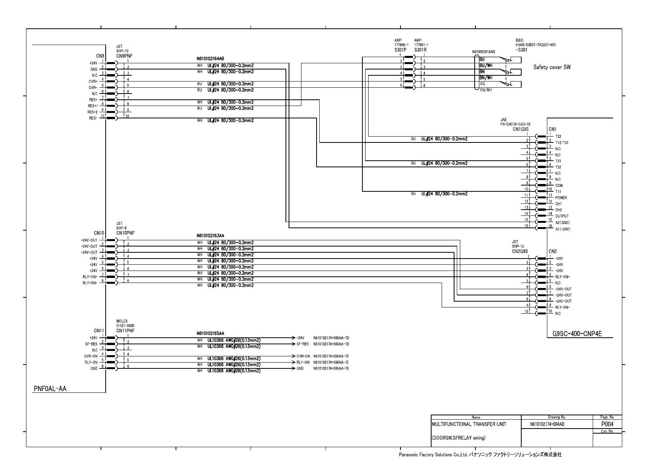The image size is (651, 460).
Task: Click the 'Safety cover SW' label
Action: coord(552,67)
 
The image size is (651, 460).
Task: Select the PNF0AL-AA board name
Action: coord(50,389)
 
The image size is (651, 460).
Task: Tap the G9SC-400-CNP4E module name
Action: coord(577,333)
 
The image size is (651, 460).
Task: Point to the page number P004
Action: coord(607,424)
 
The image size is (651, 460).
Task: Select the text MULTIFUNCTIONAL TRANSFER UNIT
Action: coord(469,424)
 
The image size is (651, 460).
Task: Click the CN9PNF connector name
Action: coord(124,56)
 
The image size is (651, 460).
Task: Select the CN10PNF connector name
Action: coord(125,233)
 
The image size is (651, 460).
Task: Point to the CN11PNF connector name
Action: coord(125,330)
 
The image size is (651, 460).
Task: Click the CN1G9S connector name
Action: coord(521,129)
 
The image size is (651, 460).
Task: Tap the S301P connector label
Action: coord(400,50)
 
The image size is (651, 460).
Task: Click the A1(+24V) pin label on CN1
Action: coord(562,229)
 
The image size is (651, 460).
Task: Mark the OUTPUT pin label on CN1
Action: coord(562,216)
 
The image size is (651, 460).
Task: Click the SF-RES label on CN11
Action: coord(91,344)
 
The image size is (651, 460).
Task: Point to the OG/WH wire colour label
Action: coord(485,90)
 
